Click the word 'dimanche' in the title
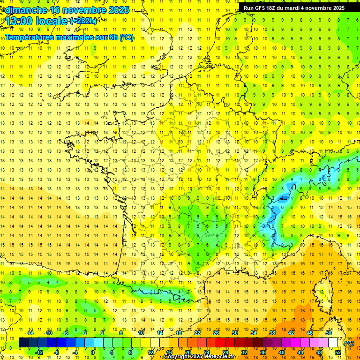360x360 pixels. [x=26, y=10]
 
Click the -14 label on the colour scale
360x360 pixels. [x=30, y=333]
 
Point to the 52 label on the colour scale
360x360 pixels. [x=337, y=352]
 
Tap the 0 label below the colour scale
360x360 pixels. [x=93, y=352]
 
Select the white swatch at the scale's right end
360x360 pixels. [x=333, y=343]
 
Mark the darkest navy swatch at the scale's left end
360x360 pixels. [x=23, y=343]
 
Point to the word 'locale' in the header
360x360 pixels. [x=52, y=21]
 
